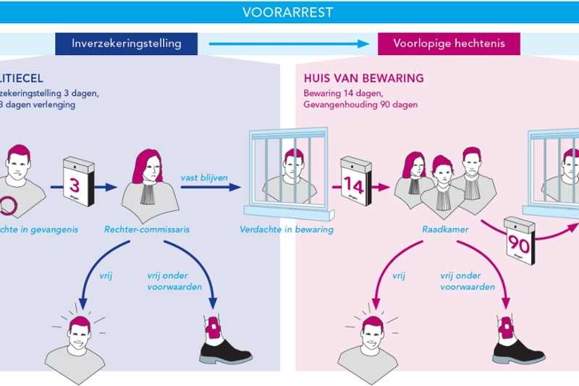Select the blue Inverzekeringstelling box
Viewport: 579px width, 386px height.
click(x=126, y=43)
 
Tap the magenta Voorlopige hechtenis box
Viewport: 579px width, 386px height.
click(x=449, y=43)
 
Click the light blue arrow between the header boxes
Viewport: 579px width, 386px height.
click(x=288, y=44)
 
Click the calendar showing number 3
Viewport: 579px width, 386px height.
click(x=75, y=185)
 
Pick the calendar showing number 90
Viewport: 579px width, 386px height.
click(x=518, y=240)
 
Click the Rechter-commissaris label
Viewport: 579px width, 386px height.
click(x=148, y=230)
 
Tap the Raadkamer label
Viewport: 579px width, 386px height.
click(x=442, y=230)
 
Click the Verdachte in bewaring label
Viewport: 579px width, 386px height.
click(x=287, y=230)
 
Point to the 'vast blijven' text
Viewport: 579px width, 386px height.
click(x=203, y=177)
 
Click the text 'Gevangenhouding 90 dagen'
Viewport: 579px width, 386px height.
click(x=360, y=104)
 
